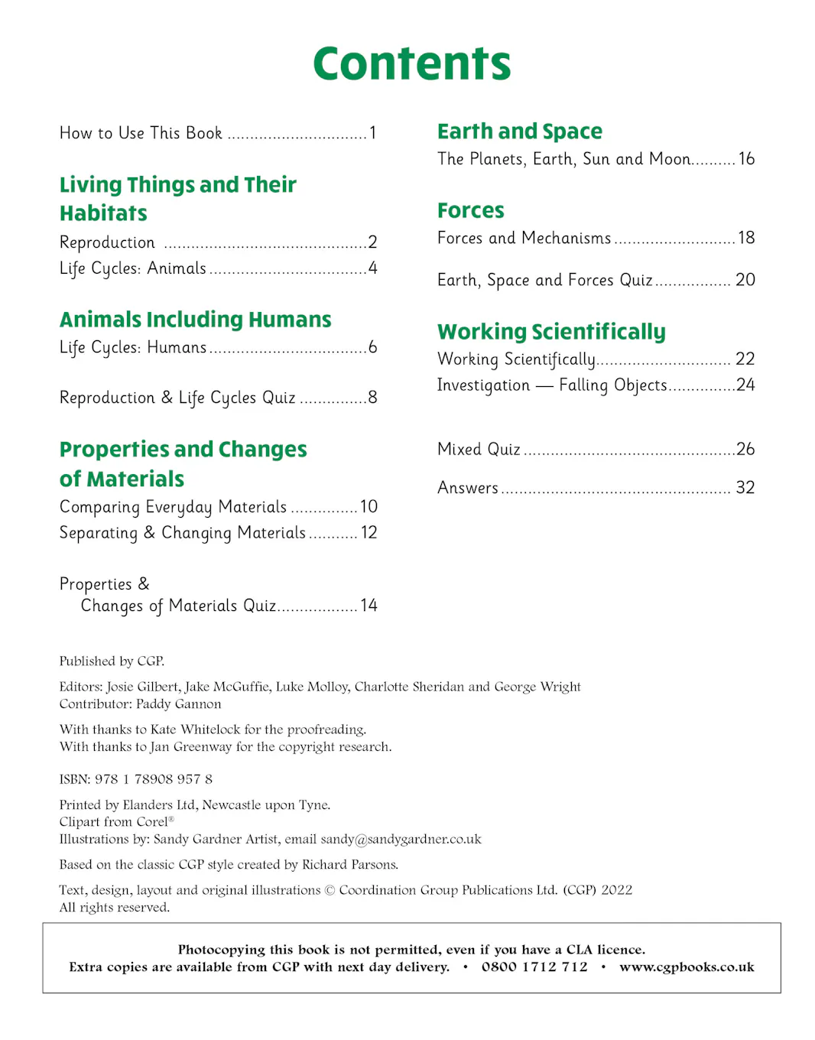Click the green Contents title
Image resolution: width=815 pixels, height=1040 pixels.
pos(411,63)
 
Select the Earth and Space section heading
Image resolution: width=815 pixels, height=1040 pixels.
pos(519,132)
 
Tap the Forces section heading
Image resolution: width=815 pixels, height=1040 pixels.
pos(470,210)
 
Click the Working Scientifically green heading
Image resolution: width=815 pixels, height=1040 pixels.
pos(551,332)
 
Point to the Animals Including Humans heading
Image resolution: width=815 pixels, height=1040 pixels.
pos(195,320)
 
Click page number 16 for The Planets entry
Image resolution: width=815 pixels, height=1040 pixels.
pos(746,159)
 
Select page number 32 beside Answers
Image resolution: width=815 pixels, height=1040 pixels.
pos(745,488)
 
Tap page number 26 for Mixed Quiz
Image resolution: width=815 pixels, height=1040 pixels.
pos(745,450)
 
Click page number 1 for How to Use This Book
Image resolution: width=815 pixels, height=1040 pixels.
pos(373,133)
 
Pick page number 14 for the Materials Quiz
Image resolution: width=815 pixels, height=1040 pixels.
pos(369,606)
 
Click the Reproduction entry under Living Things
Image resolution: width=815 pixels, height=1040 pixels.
pos(107,242)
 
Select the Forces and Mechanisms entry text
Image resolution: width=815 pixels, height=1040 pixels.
pos(524,239)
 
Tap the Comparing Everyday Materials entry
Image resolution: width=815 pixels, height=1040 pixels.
pos(173,507)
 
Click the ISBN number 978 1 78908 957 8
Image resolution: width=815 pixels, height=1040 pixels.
pos(154,779)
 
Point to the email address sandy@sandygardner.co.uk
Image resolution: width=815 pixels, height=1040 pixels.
pos(401,840)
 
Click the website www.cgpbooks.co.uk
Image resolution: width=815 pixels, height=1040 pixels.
pos(687,967)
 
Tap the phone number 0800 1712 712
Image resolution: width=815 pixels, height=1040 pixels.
pos(534,967)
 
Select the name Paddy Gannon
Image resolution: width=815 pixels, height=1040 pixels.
pos(178,704)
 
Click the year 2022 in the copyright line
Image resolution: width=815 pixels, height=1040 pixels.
pos(616,890)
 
